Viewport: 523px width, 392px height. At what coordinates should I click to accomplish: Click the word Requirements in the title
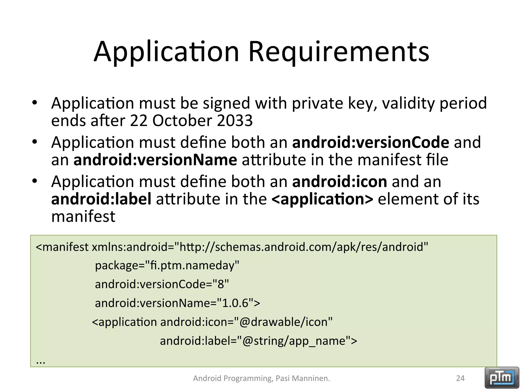(339, 52)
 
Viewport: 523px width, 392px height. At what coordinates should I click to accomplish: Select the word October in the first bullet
(182, 121)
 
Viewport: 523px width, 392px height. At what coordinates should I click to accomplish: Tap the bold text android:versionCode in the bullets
(371, 142)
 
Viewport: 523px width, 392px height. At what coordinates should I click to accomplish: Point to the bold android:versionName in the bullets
(155, 160)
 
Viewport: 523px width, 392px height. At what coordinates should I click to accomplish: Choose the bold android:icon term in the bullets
(339, 181)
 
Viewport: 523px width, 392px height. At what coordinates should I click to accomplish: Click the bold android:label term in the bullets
(101, 199)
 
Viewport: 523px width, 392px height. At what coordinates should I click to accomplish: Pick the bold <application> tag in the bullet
(322, 199)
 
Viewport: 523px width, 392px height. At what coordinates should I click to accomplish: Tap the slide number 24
(460, 378)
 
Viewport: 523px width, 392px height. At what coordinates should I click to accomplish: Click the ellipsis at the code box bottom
(41, 361)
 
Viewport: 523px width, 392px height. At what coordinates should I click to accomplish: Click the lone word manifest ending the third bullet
(83, 217)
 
